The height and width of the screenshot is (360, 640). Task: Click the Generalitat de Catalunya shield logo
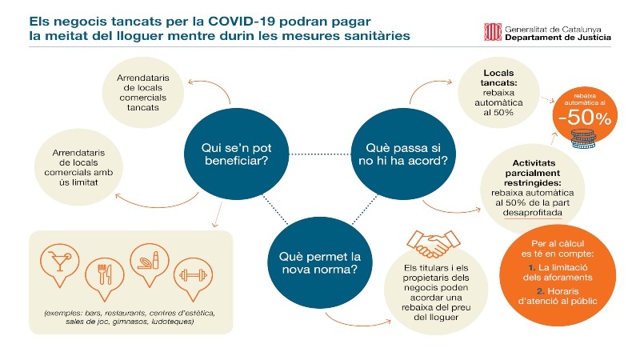492,32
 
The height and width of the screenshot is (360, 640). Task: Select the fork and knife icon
105,274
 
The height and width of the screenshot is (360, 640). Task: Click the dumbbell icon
193,275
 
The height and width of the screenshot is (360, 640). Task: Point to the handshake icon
433,244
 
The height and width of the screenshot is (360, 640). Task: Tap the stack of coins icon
583,138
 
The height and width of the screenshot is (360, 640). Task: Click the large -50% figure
585,118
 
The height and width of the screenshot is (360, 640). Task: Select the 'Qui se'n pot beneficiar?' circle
236,154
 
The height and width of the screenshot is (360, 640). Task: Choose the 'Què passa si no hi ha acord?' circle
403,154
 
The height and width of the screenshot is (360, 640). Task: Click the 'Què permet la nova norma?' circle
319,262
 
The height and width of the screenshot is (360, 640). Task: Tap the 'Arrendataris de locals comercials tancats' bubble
143,93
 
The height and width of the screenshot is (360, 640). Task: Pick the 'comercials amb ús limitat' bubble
78,167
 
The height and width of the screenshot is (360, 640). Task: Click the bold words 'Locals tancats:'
498,78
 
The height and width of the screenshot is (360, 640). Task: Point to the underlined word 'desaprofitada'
532,213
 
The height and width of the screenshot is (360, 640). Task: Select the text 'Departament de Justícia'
558,38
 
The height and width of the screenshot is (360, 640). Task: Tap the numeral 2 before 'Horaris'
541,291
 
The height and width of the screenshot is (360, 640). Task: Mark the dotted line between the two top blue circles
320,154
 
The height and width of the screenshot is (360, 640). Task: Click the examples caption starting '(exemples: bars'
130,317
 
